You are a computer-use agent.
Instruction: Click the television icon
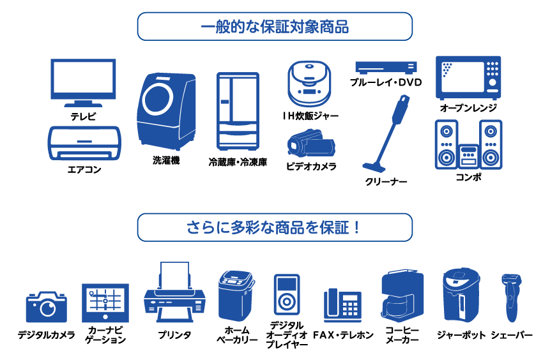83,82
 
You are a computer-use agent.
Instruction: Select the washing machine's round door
156,100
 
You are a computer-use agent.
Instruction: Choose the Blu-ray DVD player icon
386,67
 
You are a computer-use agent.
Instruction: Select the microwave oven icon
468,77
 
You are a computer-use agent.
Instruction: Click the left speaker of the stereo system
446,145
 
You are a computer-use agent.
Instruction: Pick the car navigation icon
105,302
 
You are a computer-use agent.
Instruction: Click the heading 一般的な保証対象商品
275,27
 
